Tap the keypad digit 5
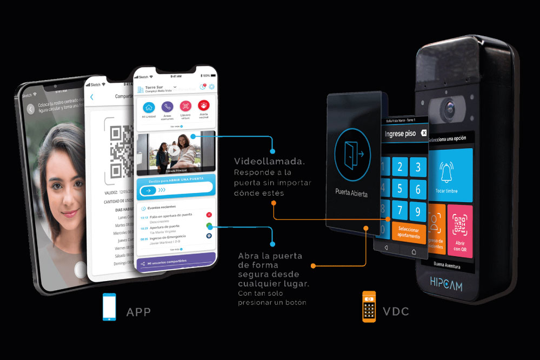(x=399, y=189)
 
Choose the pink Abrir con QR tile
(x=459, y=231)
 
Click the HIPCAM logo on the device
(x=446, y=285)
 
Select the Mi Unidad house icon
(x=148, y=108)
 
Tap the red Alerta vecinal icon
(x=204, y=106)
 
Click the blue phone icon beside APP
(x=109, y=308)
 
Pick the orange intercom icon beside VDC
(x=369, y=307)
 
